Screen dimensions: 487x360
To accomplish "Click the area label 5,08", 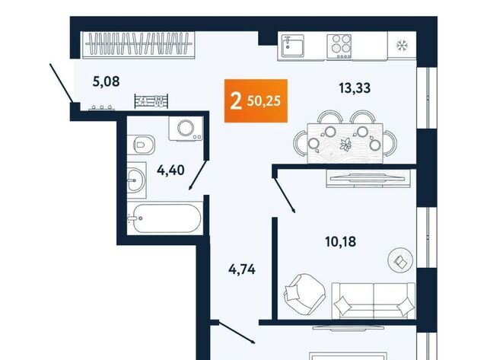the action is (107, 81).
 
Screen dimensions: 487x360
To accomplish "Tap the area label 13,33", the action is (355, 88).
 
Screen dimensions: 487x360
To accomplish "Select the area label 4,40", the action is (170, 170).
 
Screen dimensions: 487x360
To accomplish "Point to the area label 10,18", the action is (340, 241).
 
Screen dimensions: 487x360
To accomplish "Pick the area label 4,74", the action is (242, 269).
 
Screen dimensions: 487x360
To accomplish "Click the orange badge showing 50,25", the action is (256, 100).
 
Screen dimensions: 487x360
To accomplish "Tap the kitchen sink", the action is (292, 46).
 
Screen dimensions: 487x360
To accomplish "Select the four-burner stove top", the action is (339, 46).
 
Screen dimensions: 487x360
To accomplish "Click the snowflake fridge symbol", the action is (402, 46).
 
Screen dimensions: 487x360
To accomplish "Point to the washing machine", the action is (186, 129).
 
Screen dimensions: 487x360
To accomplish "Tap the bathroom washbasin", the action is (136, 180).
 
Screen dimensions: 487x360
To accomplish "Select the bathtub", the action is (165, 218).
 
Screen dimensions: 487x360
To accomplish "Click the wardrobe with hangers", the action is (138, 45).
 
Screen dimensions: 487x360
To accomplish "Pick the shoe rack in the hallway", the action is (151, 101).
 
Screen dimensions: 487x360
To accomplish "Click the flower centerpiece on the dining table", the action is (345, 145).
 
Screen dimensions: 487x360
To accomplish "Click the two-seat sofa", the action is (374, 301).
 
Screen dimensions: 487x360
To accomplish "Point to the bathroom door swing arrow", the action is (198, 174).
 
